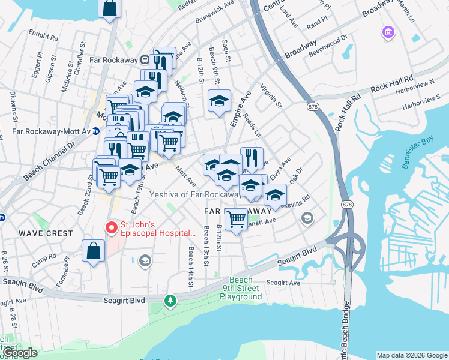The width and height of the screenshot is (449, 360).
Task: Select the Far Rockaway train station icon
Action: [x=145, y=60]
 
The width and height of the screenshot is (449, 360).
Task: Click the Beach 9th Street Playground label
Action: [x=241, y=289]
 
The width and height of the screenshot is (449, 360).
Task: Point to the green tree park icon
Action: [x=172, y=299]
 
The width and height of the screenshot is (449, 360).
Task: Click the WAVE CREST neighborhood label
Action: [x=46, y=233]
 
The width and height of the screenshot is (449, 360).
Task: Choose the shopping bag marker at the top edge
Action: [x=109, y=8]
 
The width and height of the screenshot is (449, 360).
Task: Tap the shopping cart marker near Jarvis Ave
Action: [x=237, y=218]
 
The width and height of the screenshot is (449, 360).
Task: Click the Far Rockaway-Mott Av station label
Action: [x=50, y=131]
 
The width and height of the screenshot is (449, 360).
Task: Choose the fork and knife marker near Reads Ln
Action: [x=252, y=158]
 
